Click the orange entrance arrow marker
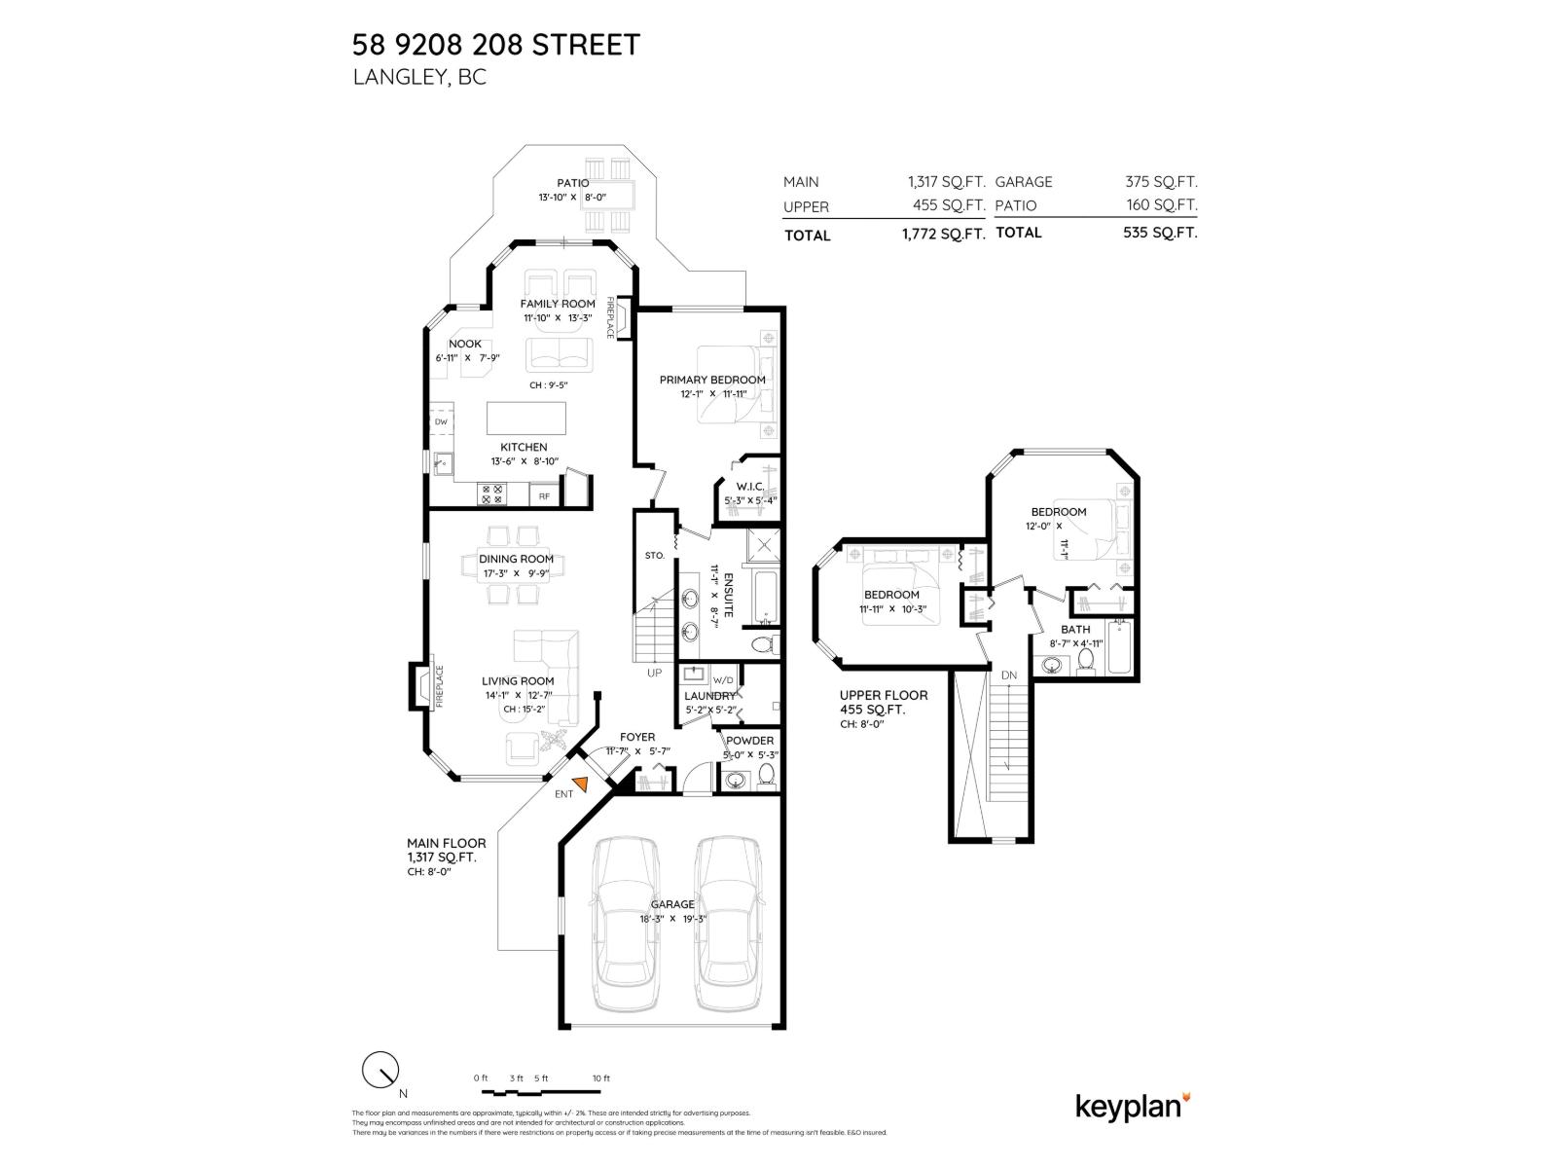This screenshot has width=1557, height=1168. [x=581, y=784]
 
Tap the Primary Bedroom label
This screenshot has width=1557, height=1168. [x=711, y=380]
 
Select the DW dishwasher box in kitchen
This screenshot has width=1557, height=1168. [x=441, y=421]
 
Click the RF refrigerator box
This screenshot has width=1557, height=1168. [x=544, y=496]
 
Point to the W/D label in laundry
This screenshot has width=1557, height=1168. [x=722, y=679]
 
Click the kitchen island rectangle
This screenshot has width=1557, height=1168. [x=525, y=419]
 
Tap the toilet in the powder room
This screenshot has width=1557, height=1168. [x=765, y=777]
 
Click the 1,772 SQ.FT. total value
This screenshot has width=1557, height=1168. [x=946, y=235]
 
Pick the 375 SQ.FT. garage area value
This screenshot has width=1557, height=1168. [x=1161, y=182]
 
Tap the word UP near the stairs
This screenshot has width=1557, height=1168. [x=654, y=673]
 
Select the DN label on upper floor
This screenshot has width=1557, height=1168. [x=1009, y=675]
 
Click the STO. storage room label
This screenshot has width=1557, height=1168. [x=654, y=555]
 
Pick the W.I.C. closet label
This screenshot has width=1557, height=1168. [x=749, y=486]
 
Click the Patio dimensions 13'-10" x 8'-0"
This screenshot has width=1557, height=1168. [x=572, y=198]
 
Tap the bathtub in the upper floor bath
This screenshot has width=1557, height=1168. [x=1119, y=647]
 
